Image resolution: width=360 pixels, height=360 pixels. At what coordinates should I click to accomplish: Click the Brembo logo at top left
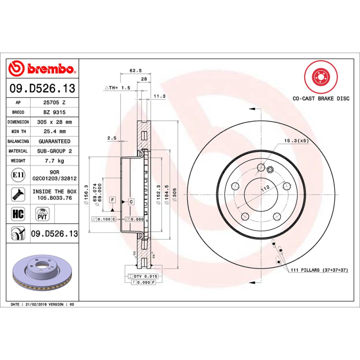coord(41,68)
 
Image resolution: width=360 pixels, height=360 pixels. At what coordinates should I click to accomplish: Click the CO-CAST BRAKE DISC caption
coord(320,98)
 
